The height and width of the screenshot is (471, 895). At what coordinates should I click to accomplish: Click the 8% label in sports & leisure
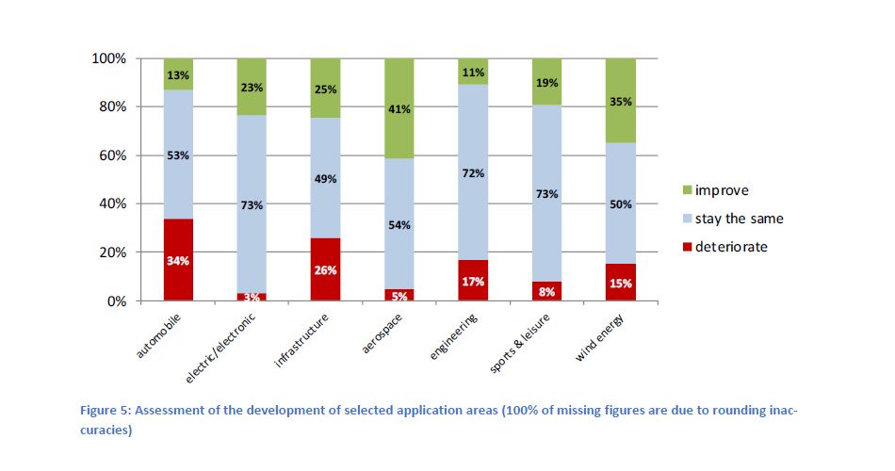click(x=546, y=292)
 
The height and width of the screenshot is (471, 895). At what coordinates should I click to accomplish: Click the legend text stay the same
click(x=740, y=219)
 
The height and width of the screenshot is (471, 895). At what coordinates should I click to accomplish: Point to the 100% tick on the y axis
click(x=108, y=58)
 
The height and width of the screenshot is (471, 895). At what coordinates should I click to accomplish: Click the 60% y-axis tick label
click(x=112, y=155)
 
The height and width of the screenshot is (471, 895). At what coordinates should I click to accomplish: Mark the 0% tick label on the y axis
click(x=116, y=301)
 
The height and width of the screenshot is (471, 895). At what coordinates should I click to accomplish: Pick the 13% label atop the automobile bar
click(x=179, y=75)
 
